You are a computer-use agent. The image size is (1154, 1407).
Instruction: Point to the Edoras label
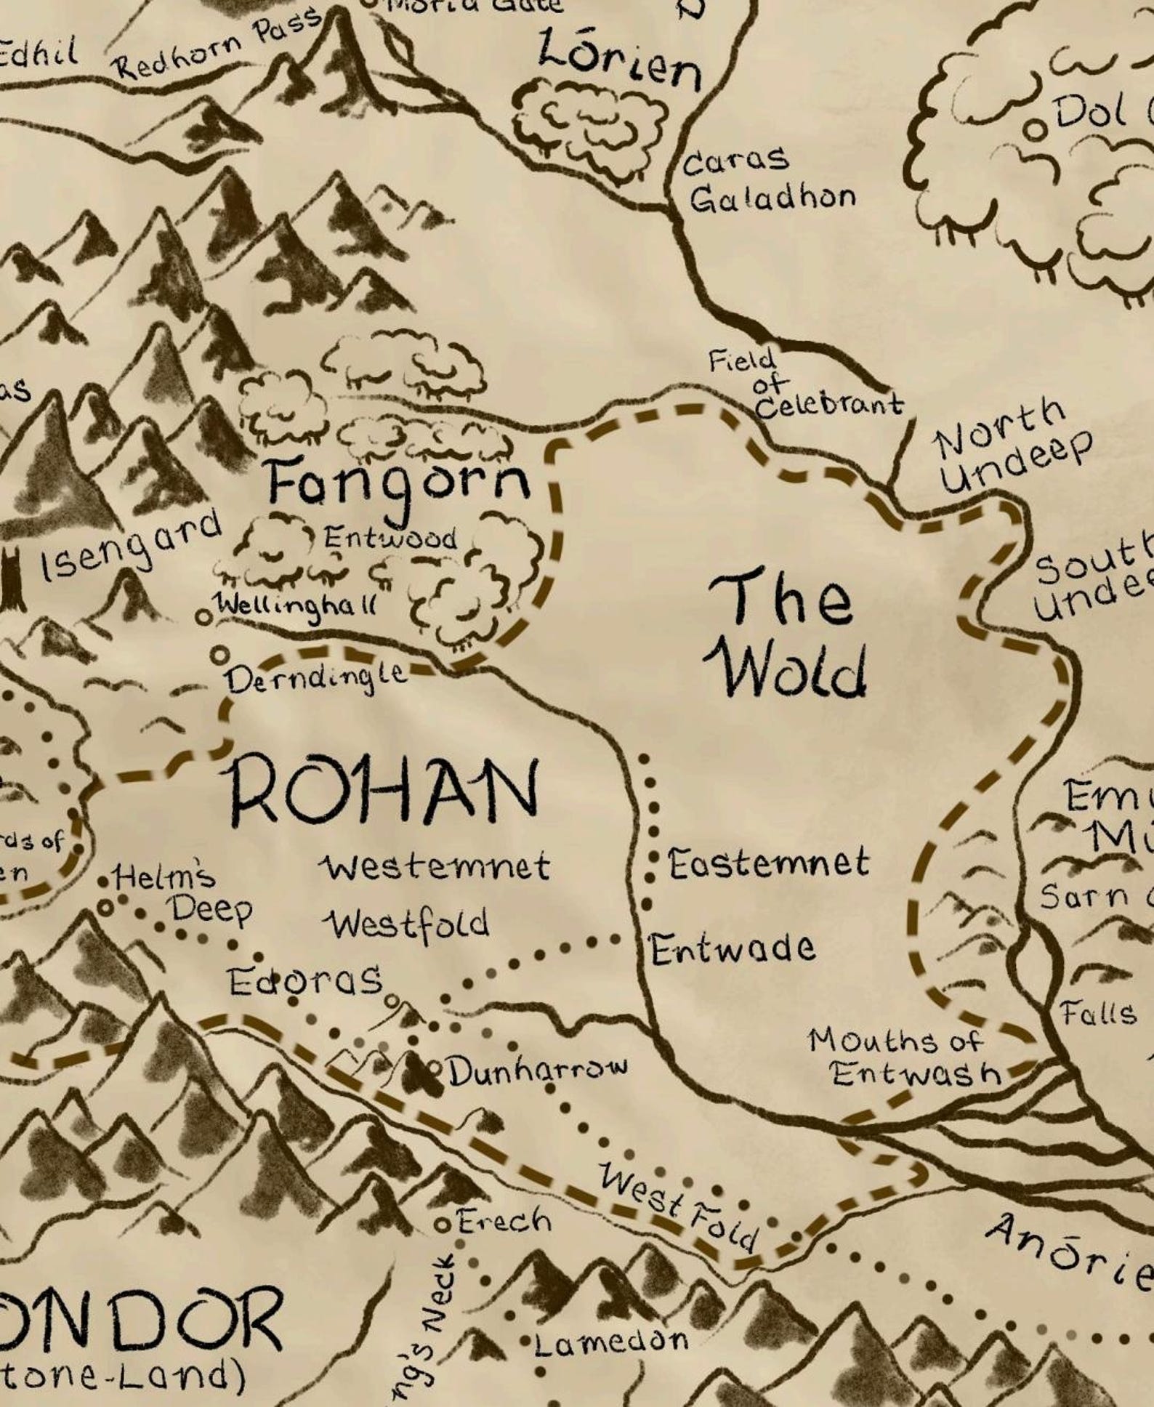[305, 981]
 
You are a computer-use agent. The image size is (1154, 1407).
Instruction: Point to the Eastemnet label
[768, 863]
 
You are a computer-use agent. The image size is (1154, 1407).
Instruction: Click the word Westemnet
[436, 866]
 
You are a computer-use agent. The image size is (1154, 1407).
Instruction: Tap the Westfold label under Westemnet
[407, 924]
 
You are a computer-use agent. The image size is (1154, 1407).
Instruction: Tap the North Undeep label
[1012, 446]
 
